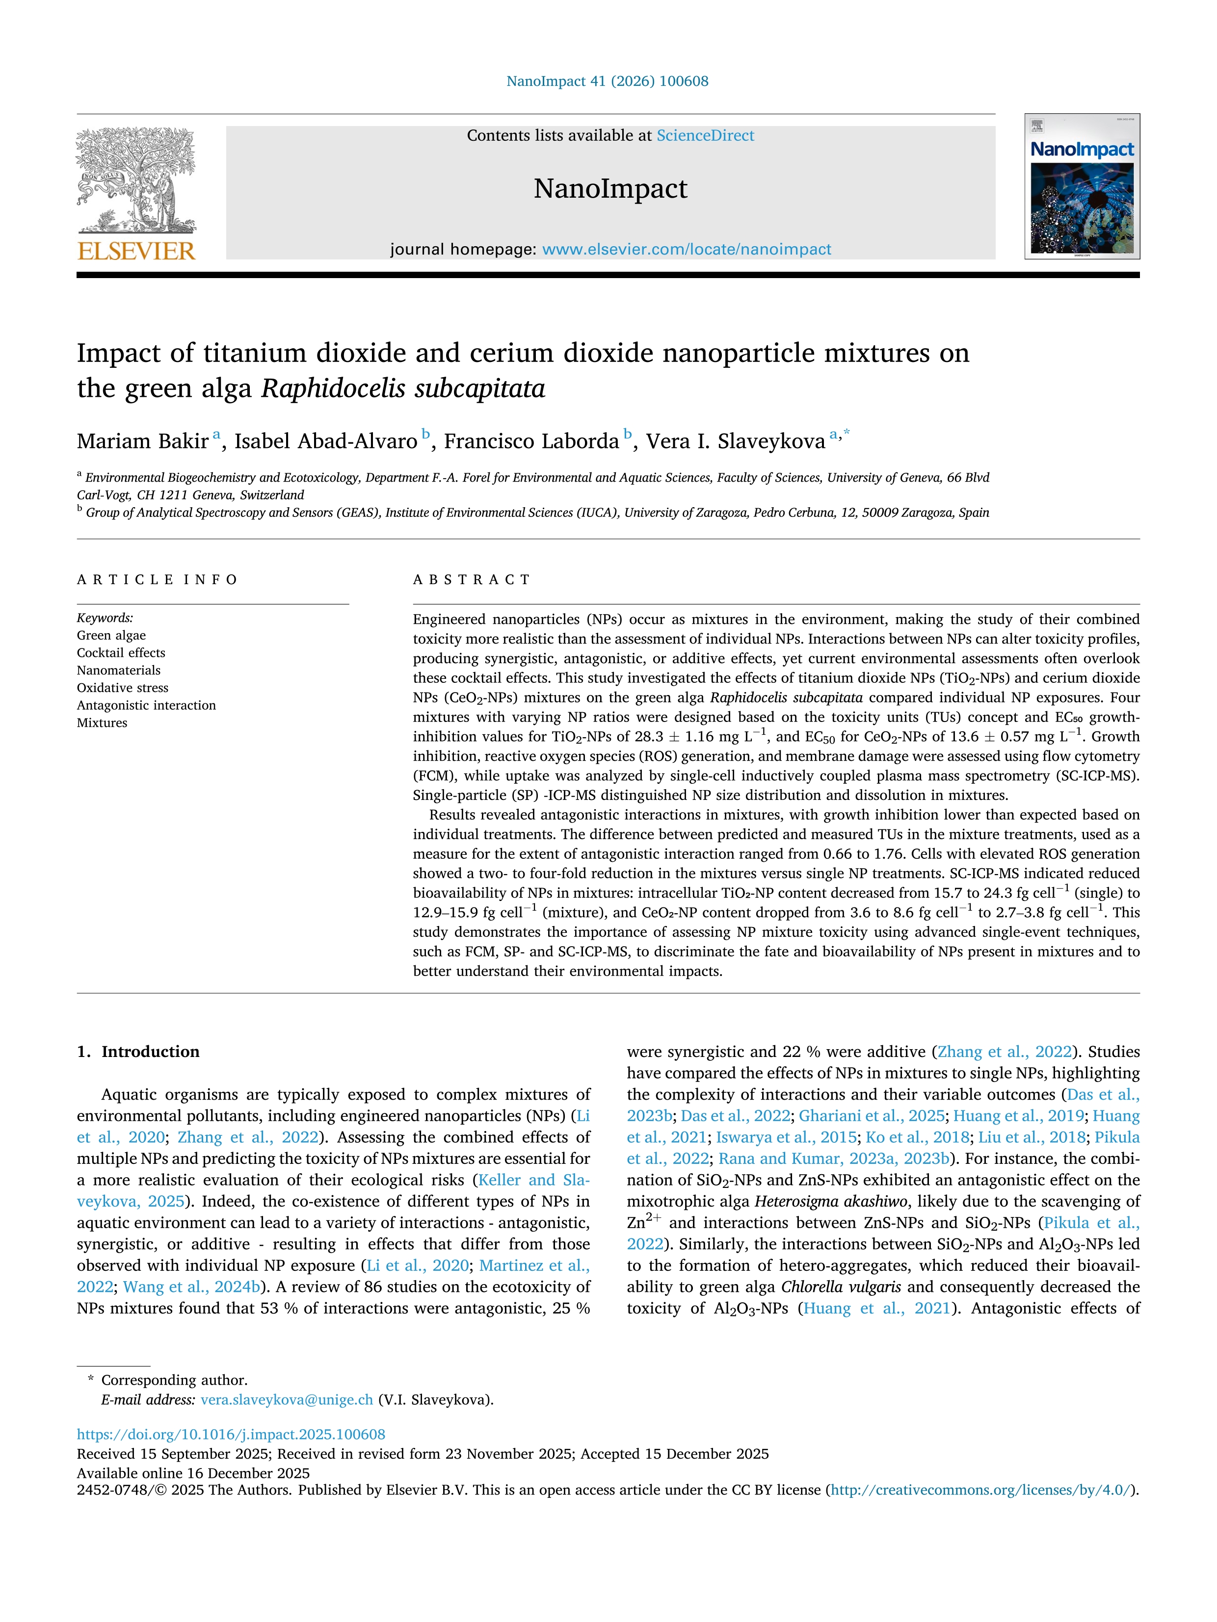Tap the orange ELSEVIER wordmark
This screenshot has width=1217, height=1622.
pos(136,252)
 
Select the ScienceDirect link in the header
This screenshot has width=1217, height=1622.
pos(705,136)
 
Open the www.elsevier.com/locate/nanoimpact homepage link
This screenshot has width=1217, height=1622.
pos(687,249)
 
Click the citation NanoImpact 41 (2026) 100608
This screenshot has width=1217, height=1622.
pos(608,81)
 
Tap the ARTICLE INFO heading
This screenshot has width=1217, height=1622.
pos(157,580)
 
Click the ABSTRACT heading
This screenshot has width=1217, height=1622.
pos(472,580)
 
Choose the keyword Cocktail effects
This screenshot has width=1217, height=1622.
pos(121,653)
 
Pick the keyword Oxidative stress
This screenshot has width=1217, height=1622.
pos(123,688)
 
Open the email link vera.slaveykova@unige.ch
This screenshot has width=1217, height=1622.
pos(287,1400)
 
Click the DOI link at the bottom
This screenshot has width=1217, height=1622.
pos(231,1434)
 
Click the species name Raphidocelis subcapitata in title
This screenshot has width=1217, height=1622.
pos(403,388)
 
